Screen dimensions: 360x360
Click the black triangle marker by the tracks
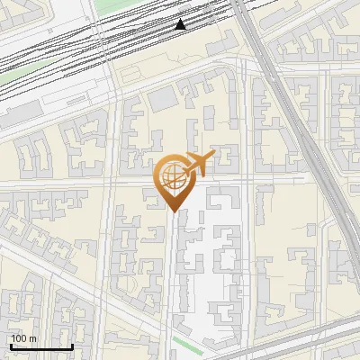click(181, 24)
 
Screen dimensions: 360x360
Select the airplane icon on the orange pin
click(198, 165)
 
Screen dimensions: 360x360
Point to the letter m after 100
click(33, 338)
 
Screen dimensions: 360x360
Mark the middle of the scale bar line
click(41, 346)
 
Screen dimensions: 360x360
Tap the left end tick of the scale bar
click(11, 345)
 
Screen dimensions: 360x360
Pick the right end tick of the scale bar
click(72, 345)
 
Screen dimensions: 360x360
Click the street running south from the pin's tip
click(170, 270)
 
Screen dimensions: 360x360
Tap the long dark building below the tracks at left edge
click(18, 111)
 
